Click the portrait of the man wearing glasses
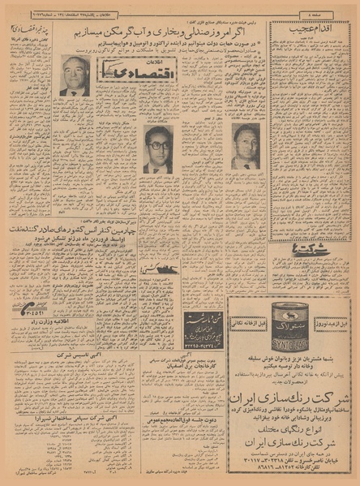(157, 149)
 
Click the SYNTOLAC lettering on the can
(289, 333)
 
